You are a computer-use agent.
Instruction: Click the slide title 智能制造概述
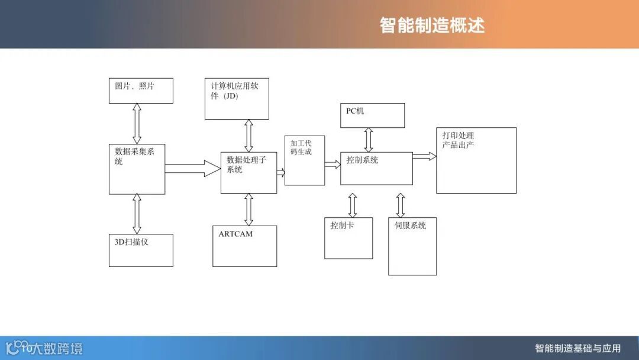coord(432,25)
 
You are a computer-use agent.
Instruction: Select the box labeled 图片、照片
coord(141,91)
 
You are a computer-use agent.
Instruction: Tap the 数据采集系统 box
coord(137,168)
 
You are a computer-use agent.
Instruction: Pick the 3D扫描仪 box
coord(141,250)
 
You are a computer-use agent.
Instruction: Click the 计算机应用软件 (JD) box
coord(236,98)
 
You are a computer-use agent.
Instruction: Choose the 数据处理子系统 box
coord(248,172)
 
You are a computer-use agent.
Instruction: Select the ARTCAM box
coord(244,246)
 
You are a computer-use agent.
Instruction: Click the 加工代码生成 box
coord(304,160)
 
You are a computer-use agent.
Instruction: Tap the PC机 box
coord(372,115)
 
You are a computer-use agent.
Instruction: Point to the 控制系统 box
coord(376,168)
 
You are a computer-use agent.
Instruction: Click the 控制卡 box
coord(348,238)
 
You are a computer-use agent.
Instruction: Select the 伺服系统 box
coord(412,246)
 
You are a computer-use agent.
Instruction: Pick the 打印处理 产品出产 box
coord(476,160)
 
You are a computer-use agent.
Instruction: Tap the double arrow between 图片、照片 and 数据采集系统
coord(137,123)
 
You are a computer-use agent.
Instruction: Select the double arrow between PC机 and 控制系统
coord(369,140)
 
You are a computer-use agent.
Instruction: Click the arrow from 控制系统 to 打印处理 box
coord(424,156)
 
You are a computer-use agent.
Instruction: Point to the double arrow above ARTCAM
coord(248,209)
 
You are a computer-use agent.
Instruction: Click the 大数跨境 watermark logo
coord(44,348)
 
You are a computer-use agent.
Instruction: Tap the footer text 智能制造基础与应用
coord(577,348)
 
